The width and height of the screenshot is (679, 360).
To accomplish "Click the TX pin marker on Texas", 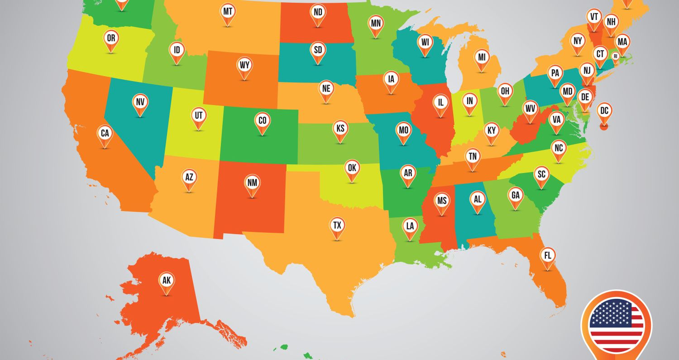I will coord(337,225).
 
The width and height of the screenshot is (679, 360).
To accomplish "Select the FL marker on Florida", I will coord(548,255).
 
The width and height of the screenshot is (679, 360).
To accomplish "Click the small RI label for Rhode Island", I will coord(615,56).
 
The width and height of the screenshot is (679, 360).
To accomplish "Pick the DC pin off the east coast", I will coord(604,110).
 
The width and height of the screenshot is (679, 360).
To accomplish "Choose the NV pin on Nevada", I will coord(140,102).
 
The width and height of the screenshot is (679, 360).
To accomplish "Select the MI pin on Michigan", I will coord(482,58).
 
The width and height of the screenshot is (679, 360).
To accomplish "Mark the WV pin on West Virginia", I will coord(530,109).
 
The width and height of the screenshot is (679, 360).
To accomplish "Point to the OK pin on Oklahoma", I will coord(352,168).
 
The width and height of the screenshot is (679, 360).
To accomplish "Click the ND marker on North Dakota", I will coord(318,13).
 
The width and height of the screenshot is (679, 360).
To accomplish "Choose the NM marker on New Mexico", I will coord(252,183).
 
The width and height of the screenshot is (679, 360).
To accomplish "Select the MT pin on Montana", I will coord(228,11).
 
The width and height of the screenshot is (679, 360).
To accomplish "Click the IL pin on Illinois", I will coord(440,102).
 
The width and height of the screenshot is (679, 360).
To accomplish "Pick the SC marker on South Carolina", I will coord(541,174).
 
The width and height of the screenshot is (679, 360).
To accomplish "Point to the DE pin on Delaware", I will coord(585,97).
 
